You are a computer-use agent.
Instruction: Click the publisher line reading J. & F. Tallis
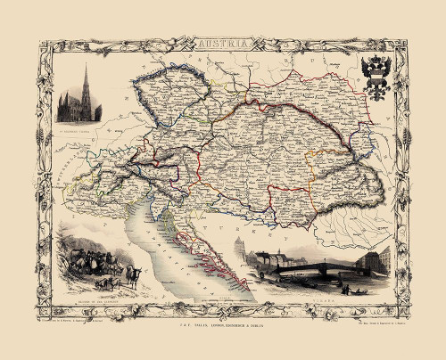[222, 309]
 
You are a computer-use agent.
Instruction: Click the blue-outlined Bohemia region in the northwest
[169, 89]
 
